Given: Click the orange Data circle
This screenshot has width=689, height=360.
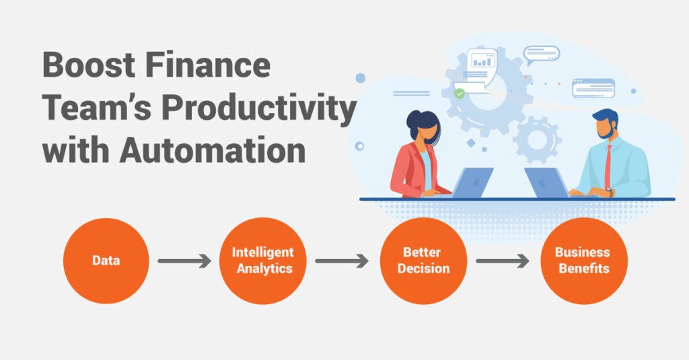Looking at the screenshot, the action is click(x=106, y=260).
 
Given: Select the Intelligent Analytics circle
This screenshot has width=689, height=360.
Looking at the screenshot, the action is click(x=263, y=260).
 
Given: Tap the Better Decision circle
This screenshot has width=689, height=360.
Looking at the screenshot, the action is click(x=424, y=260).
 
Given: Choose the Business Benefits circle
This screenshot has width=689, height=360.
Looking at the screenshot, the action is click(x=584, y=260).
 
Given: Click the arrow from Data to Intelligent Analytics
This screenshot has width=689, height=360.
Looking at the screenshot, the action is click(x=184, y=260).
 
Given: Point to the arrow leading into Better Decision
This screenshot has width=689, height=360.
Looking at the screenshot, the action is click(x=341, y=260).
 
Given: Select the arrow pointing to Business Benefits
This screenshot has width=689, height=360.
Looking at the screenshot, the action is click(x=502, y=260).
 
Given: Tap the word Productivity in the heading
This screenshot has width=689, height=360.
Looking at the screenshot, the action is click(x=259, y=109).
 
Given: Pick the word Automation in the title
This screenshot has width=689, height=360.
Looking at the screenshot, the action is click(x=212, y=150).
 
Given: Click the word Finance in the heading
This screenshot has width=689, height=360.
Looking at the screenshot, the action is click(x=207, y=65).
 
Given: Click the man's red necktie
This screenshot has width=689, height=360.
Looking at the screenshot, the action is click(x=608, y=167).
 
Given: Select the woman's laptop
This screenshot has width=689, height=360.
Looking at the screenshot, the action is click(x=472, y=182).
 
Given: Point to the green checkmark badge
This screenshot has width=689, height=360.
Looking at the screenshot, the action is click(x=459, y=94).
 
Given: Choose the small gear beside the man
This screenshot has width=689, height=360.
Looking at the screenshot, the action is click(x=537, y=139).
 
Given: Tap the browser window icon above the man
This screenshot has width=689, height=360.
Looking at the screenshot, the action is click(x=593, y=88).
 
